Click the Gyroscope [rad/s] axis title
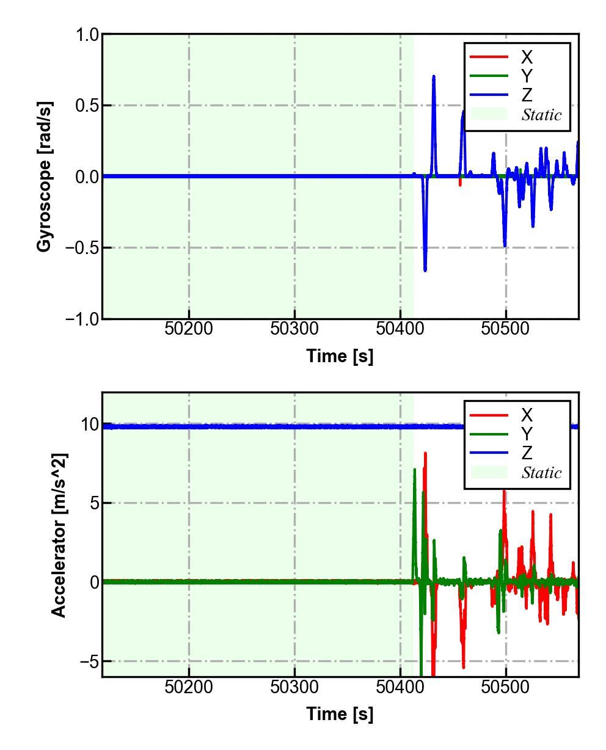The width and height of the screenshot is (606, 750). (x=44, y=177)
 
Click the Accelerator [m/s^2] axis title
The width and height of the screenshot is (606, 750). (x=59, y=535)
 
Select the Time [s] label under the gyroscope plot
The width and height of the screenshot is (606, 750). (x=340, y=355)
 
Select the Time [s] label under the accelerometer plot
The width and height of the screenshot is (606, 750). (x=340, y=713)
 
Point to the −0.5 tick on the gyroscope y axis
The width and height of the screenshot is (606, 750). (x=82, y=248)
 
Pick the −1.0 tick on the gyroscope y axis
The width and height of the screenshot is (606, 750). (x=82, y=319)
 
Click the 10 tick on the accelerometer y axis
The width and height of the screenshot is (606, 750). (x=89, y=424)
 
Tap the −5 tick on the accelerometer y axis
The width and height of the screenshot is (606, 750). (x=89, y=661)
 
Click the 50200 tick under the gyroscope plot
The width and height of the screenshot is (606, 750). (x=189, y=329)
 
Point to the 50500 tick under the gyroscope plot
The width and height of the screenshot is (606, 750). (x=506, y=329)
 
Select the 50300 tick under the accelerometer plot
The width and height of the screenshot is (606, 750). (x=295, y=686)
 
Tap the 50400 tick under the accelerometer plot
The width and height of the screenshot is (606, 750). (x=400, y=686)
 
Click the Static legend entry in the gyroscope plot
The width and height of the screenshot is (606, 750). (x=541, y=115)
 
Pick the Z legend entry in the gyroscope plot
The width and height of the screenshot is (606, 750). (x=527, y=95)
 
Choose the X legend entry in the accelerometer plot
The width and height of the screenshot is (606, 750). (x=527, y=415)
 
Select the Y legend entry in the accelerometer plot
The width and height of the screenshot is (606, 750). (x=527, y=434)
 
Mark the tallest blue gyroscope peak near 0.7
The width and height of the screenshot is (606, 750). (x=434, y=77)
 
